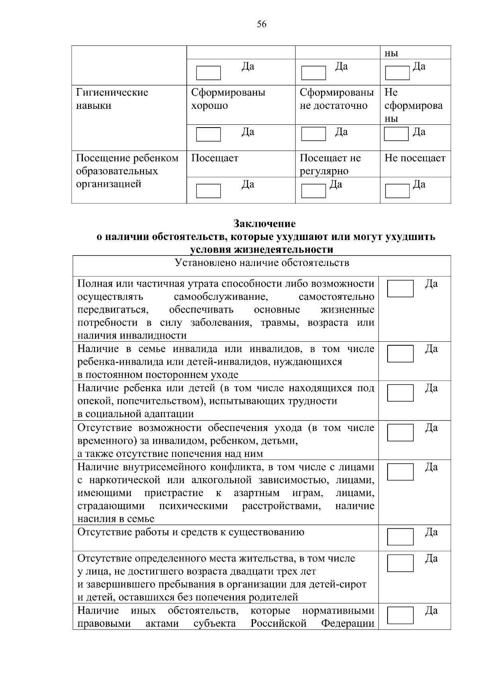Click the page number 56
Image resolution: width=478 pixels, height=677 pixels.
click(261, 24)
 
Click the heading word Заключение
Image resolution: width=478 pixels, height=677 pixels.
click(264, 223)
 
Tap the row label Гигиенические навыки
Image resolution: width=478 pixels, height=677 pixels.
click(112, 99)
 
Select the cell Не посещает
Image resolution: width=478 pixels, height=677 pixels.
click(415, 158)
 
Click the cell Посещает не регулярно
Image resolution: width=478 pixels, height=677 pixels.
click(330, 164)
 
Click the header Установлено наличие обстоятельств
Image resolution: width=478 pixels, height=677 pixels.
click(262, 263)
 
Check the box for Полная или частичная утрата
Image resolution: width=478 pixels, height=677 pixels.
click(400, 288)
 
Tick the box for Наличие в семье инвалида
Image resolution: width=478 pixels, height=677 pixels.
click(400, 354)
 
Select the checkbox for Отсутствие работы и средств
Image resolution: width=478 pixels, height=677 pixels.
click(400, 537)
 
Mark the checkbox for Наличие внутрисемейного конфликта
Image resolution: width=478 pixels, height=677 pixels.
click(400, 472)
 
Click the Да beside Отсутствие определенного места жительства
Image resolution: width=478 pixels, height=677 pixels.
click(431, 559)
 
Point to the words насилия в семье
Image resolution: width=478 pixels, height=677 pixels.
click(116, 519)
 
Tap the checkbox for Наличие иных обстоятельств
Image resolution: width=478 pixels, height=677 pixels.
click(400, 615)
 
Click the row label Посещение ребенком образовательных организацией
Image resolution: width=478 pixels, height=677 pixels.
click(127, 171)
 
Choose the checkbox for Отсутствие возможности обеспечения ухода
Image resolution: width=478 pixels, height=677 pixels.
click(400, 432)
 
